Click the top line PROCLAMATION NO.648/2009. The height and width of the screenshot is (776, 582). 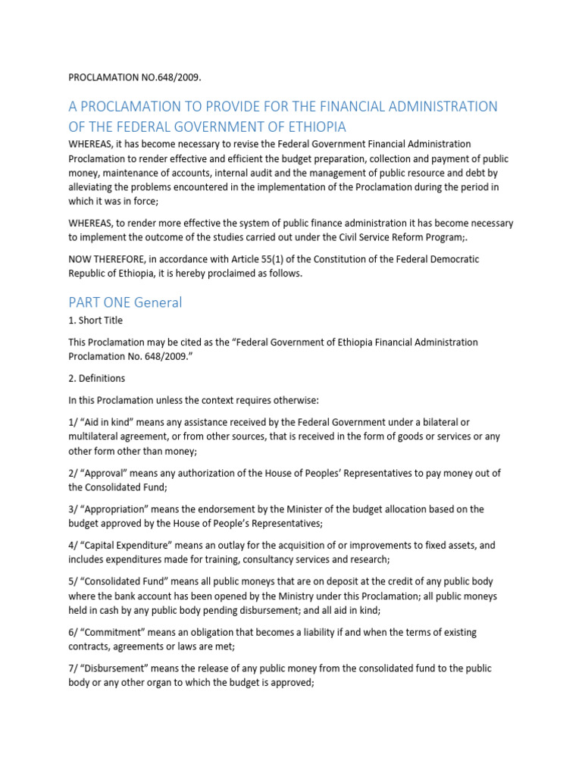pos(135,77)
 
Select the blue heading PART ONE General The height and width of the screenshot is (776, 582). pos(125,302)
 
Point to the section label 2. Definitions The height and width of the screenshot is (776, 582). pos(97,377)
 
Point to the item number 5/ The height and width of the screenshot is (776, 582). pos(74,582)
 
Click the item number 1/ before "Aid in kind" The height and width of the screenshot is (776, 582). pos(74,422)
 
